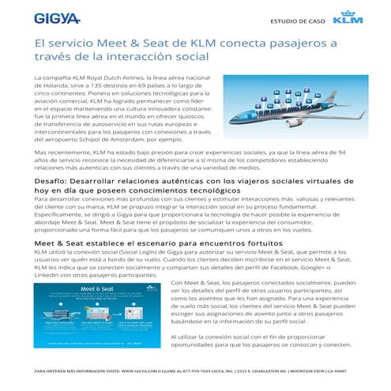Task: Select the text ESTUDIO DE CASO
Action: pos(297,21)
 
